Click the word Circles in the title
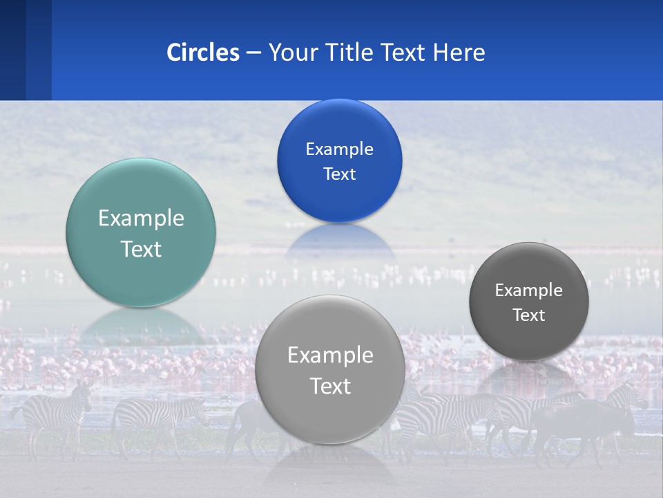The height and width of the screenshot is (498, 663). pos(203,53)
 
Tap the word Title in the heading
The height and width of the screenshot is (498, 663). pos(351,53)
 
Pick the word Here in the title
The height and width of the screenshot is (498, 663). pos(459,53)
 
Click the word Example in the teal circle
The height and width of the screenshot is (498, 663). pos(141,219)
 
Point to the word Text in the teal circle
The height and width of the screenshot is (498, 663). pos(141,249)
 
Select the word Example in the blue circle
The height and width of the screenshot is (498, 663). pos(339,149)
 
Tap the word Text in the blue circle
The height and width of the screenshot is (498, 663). pos(339,174)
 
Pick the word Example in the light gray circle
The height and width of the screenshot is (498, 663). pos(330,356)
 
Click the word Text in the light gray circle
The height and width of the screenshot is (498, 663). pos(330,386)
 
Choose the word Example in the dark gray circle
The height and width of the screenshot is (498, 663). pos(529,290)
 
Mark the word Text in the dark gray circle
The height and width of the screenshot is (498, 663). pos(529,315)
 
